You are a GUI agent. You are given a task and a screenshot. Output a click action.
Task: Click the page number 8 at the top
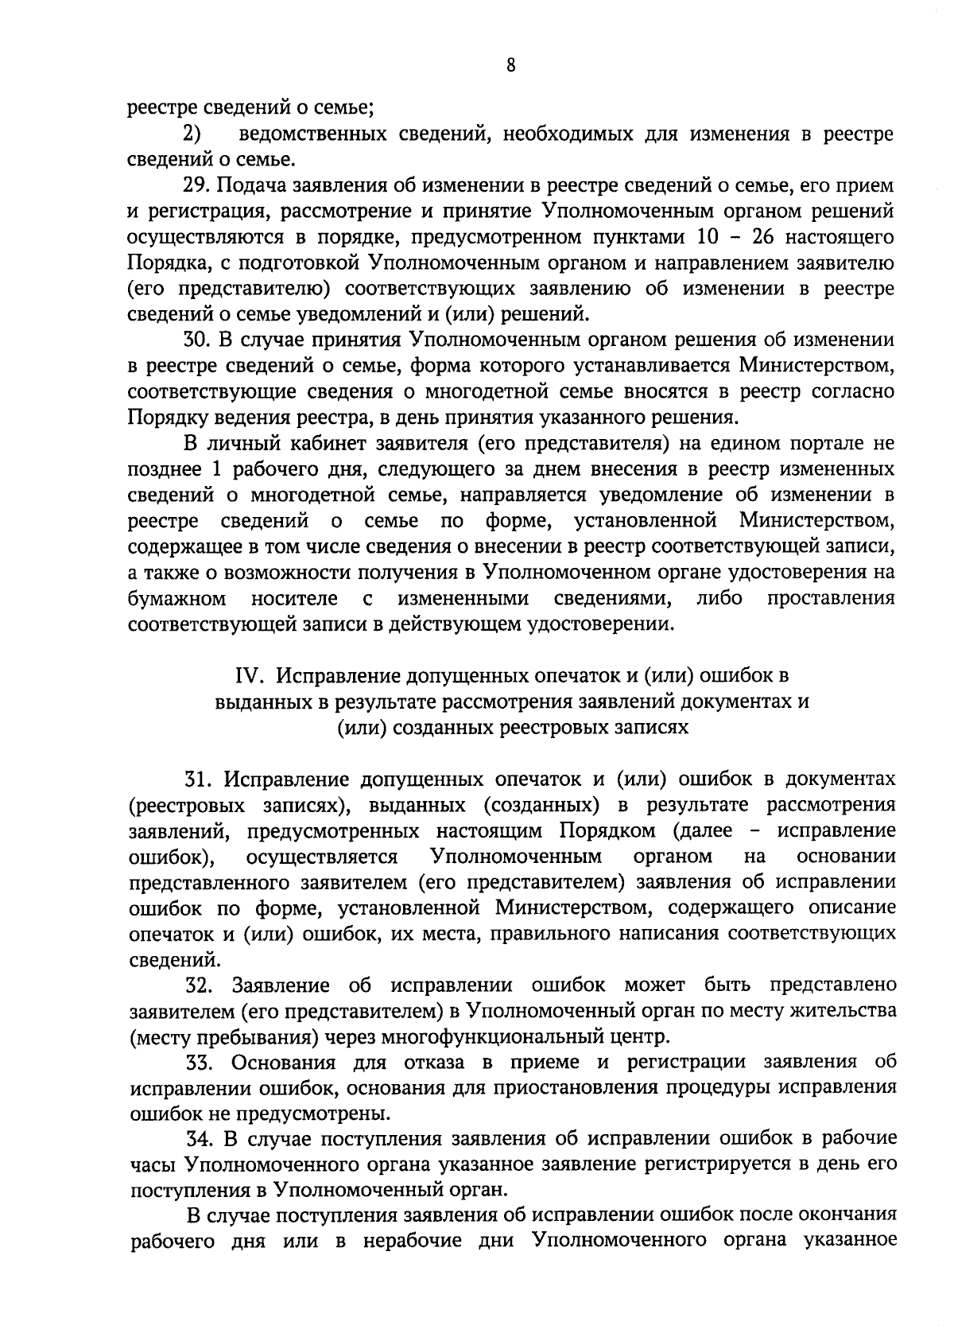pyautogui.click(x=510, y=66)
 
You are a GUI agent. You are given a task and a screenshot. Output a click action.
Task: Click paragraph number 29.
pyautogui.click(x=197, y=186)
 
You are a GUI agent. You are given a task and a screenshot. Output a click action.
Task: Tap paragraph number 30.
pyautogui.click(x=197, y=340)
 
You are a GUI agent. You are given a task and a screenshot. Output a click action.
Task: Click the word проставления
pyautogui.click(x=831, y=598)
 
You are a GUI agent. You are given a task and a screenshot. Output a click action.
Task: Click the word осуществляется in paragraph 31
pyautogui.click(x=322, y=857)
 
